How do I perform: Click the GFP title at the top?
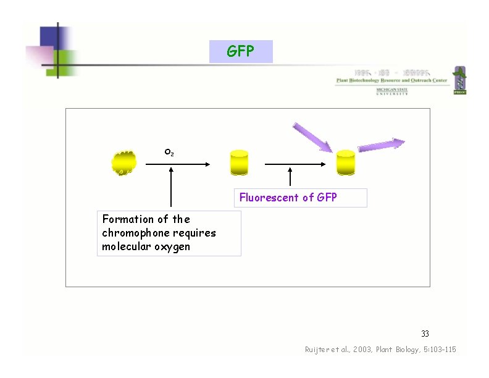[241, 51]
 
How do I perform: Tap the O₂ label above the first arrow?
[169, 152]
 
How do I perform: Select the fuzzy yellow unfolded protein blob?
[123, 163]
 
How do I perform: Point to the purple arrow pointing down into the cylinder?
[312, 136]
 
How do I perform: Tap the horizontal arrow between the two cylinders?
[295, 164]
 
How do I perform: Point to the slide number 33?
[425, 334]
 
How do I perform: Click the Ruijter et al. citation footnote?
[380, 350]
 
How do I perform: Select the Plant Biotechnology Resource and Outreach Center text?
[391, 80]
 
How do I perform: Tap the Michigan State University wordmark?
[392, 91]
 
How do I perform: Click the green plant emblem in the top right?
[459, 80]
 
